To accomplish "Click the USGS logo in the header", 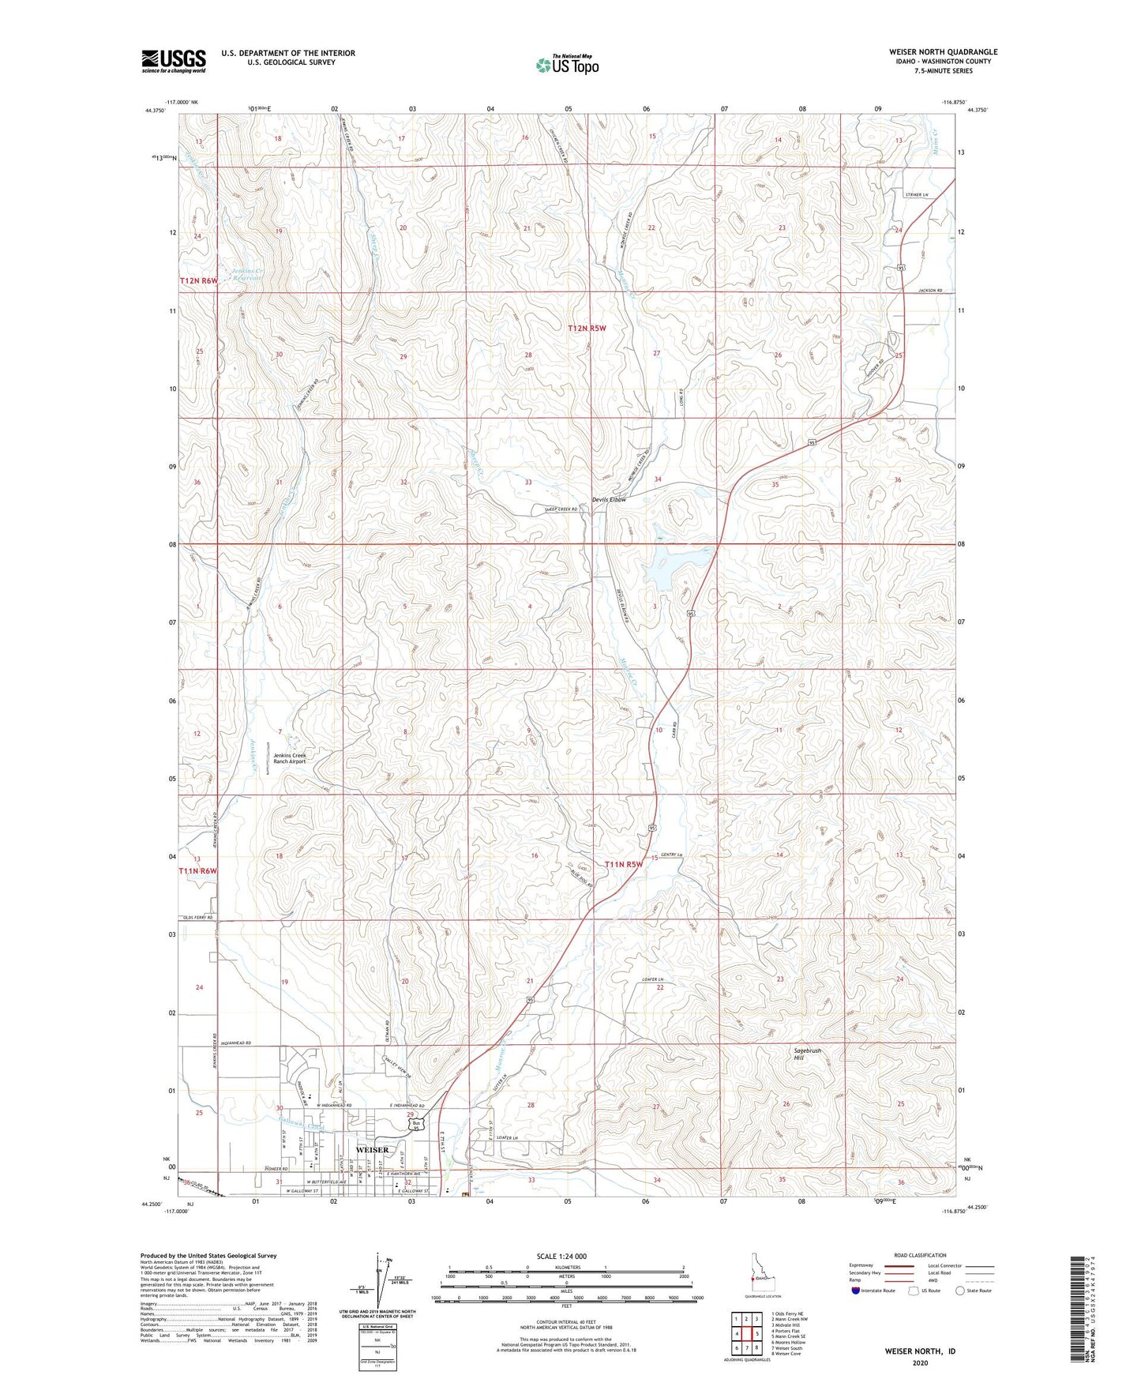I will [174, 61].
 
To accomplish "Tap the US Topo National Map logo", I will [567, 64].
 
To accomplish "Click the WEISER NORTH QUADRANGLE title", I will [943, 52].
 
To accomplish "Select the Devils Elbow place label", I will [609, 499].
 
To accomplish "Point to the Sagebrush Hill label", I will [807, 1054].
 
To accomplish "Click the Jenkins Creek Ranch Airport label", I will [289, 759].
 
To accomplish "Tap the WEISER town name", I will [373, 1150].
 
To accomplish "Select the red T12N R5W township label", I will [587, 328].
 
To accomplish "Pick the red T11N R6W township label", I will [197, 871].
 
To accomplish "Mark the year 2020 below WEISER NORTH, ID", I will [920, 1362].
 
